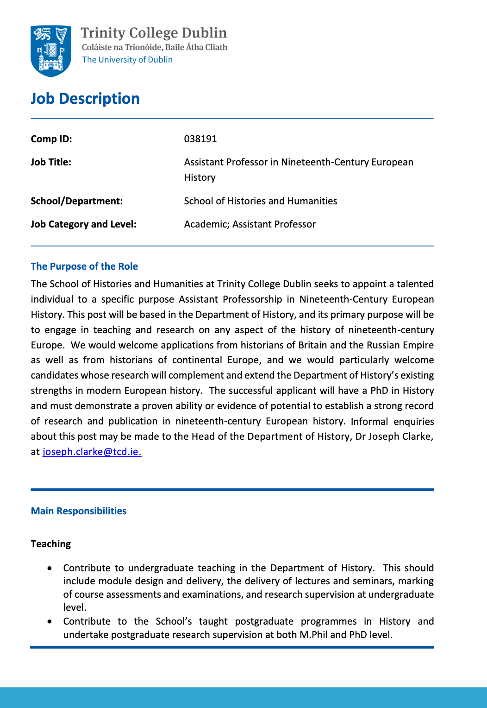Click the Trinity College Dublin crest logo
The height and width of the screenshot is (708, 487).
tap(51, 51)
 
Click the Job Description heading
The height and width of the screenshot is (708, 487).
tap(85, 99)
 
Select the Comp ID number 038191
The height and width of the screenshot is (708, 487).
tap(200, 139)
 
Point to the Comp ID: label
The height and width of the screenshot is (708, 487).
tap(51, 139)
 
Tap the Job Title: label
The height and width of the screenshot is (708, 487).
tap(51, 162)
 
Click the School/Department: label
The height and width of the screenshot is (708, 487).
tap(77, 201)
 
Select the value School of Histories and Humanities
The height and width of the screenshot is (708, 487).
tap(261, 201)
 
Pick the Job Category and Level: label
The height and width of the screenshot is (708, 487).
tap(84, 224)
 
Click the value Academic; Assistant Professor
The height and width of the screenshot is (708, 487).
tap(250, 224)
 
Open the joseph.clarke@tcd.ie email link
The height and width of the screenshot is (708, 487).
tap(92, 452)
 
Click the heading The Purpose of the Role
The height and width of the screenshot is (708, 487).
tap(84, 266)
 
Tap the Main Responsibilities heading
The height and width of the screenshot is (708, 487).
tap(79, 511)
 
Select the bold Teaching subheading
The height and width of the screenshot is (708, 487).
tap(51, 544)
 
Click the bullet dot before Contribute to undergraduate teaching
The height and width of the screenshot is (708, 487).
tap(50, 568)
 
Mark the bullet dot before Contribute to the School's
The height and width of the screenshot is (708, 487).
tap(50, 621)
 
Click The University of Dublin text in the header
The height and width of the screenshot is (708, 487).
tap(127, 60)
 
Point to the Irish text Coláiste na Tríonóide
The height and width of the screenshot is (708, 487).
tap(122, 47)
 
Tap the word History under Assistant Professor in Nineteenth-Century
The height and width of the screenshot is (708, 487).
tap(200, 177)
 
